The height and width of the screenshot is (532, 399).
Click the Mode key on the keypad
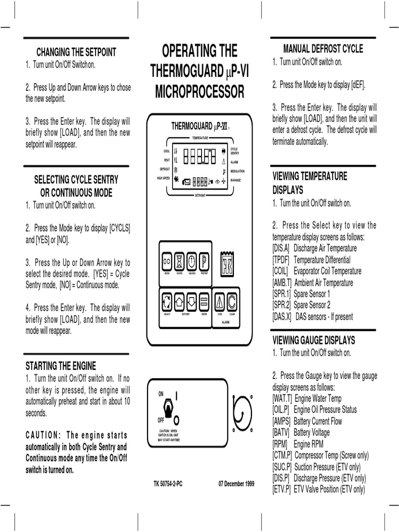coord(167,260)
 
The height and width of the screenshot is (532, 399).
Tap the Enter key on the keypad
coord(204,301)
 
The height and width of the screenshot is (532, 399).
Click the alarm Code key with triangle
coord(220,301)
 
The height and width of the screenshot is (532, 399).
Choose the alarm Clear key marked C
coord(232,301)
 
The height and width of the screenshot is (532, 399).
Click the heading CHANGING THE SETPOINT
coord(76,52)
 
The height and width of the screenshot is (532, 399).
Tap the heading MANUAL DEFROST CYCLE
coord(323,49)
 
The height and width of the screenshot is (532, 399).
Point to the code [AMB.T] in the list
coord(283,283)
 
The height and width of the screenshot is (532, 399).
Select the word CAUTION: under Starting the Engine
coord(43,435)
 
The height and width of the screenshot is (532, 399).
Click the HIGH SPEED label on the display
coord(163,178)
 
